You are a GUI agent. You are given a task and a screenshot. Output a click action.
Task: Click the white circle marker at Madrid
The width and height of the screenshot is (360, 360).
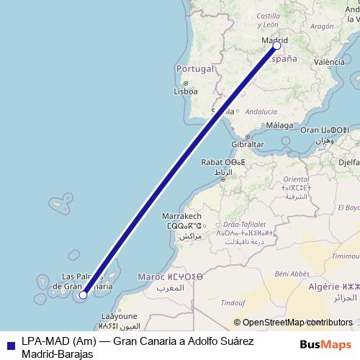tap(277, 45)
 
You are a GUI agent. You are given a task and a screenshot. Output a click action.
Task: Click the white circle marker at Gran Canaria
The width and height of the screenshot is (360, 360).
tap(84, 294)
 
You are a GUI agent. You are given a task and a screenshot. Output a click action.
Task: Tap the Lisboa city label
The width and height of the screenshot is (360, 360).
tap(186, 91)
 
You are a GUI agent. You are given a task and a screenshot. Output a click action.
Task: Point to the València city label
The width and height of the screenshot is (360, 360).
tap(329, 62)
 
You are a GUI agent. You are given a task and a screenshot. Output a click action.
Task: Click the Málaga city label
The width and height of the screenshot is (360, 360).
tap(280, 125)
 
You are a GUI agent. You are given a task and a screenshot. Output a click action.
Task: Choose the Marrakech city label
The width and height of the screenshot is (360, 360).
tap(181, 216)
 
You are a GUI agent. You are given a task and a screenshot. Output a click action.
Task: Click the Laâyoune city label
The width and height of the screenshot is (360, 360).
tap(119, 315)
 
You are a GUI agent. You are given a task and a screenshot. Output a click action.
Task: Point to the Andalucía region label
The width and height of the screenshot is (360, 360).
tap(261, 112)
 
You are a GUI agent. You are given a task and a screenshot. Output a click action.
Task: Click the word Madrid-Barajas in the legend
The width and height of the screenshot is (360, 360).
tap(58, 354)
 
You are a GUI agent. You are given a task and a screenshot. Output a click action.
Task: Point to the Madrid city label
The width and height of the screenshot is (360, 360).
tap(274, 40)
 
